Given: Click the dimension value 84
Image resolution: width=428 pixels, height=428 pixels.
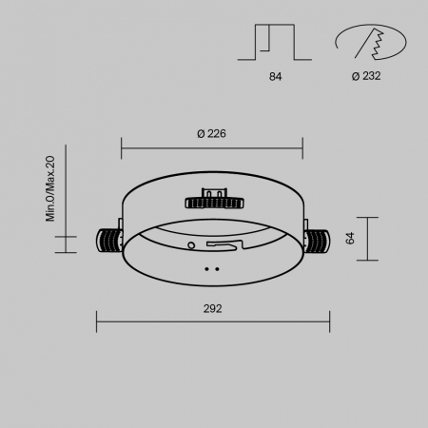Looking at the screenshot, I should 276,76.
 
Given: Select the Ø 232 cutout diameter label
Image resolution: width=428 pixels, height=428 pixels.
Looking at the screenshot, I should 365,76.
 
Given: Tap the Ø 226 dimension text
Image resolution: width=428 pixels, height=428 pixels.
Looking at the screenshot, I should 211,134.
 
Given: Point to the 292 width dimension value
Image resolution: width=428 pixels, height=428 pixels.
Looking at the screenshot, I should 212,309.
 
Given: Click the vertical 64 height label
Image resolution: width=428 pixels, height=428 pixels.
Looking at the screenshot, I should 350,238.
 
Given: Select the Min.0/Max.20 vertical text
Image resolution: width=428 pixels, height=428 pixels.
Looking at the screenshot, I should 51,190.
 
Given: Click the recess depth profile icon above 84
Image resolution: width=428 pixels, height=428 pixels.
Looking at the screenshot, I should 276,41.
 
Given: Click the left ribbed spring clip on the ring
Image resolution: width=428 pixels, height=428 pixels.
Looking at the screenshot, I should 107,240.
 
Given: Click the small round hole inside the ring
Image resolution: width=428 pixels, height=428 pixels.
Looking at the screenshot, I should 192,244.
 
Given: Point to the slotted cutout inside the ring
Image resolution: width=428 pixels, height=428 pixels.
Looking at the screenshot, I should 223,246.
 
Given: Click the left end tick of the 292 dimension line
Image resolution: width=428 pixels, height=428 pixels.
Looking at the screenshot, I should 97,320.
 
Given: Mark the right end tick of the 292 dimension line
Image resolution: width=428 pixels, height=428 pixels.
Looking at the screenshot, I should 329,320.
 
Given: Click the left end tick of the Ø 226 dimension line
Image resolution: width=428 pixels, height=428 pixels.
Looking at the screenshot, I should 122,147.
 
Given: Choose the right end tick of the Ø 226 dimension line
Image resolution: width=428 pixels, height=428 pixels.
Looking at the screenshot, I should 302,147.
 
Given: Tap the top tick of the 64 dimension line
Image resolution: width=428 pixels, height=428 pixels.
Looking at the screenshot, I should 366,218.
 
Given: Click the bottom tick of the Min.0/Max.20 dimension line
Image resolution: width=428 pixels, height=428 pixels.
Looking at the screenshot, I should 66,252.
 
